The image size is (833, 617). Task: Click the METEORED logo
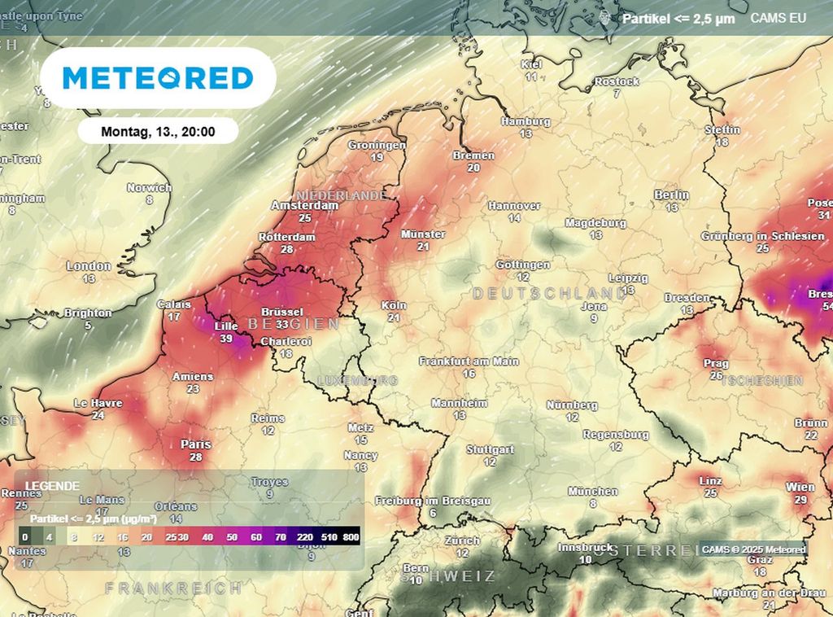[x=158, y=78]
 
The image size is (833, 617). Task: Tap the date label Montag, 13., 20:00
[x=158, y=131]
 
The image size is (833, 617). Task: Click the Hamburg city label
[x=526, y=121]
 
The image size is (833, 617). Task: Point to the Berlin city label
[x=671, y=195]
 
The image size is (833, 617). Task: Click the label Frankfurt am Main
[x=469, y=361]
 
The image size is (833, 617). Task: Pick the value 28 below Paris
[x=195, y=457]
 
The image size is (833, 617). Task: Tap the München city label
[x=592, y=492]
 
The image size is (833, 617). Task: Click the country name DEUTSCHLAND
[x=549, y=293]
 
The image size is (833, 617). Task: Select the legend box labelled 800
[x=351, y=537]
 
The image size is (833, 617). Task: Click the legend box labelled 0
[x=25, y=537]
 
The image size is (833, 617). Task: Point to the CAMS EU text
[x=778, y=17]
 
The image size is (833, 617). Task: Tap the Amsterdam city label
[x=304, y=206]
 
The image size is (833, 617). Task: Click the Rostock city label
[x=617, y=81]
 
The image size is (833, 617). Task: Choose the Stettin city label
[x=722, y=130]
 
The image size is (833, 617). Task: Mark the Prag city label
[x=716, y=363]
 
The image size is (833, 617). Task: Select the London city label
[x=89, y=266]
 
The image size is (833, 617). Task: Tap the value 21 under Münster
[x=423, y=247]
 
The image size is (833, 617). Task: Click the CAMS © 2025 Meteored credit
[x=752, y=550]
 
